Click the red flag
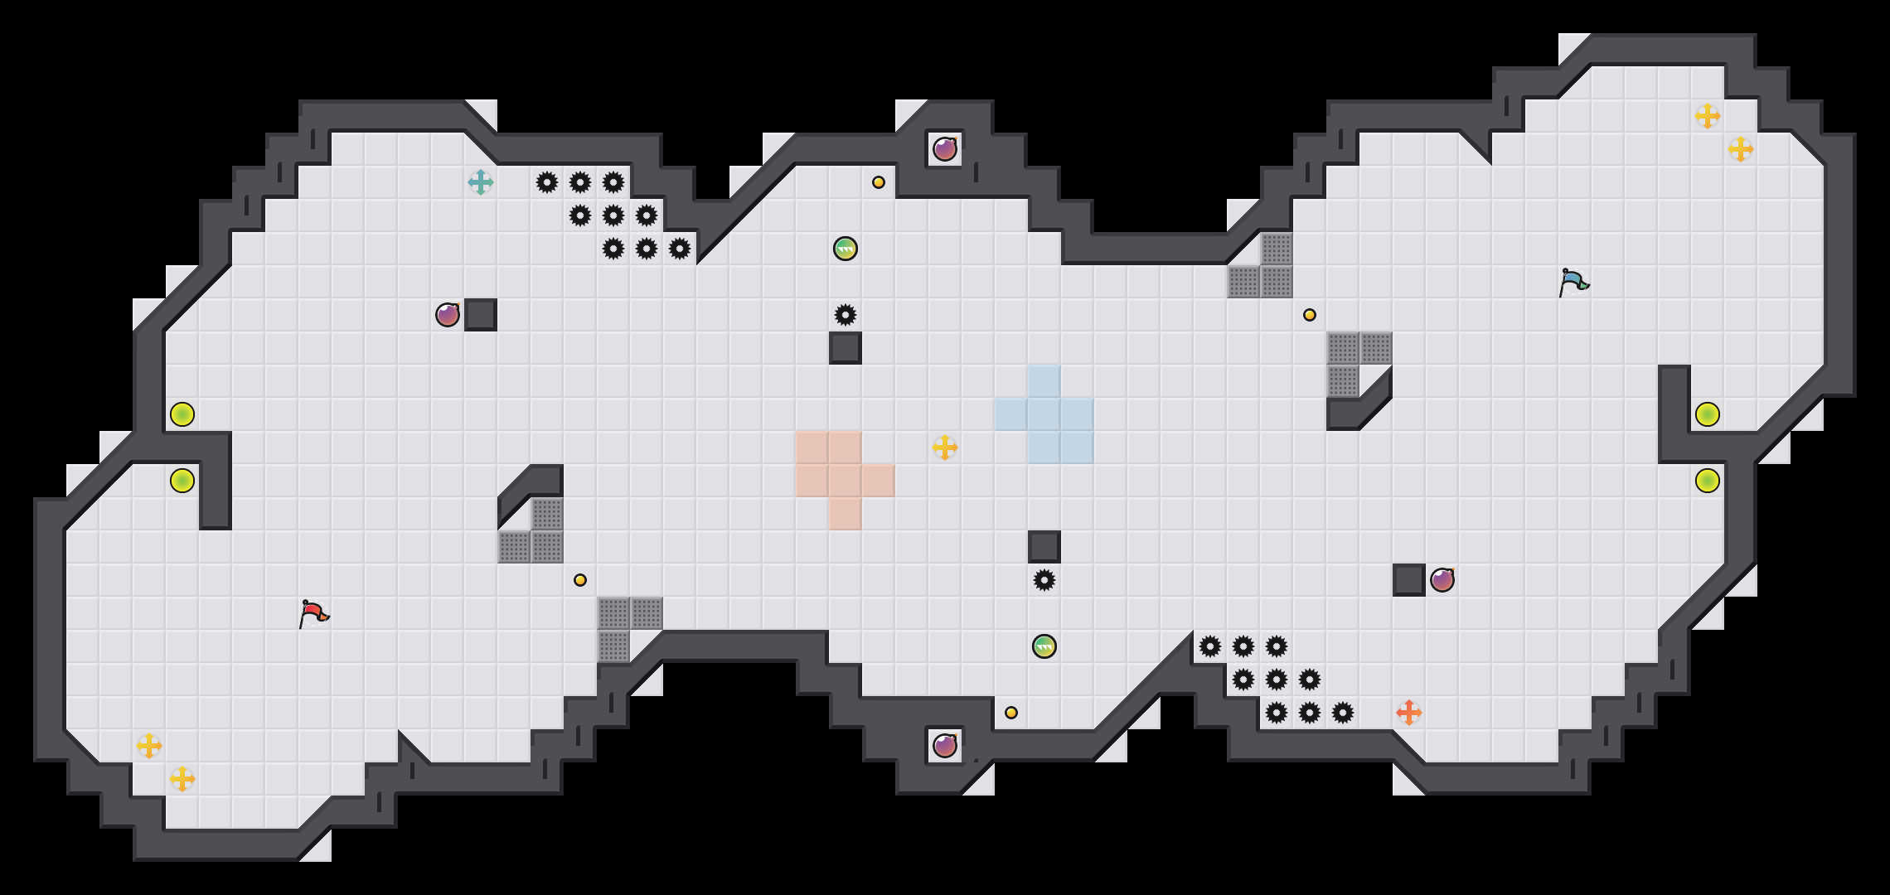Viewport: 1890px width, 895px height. pos(313,613)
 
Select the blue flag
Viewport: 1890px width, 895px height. pos(1573,282)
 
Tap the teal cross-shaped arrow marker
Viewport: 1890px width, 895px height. pos(481,182)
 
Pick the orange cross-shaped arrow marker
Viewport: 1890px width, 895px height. pos(1409,713)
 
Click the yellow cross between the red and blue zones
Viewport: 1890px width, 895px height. pos(945,447)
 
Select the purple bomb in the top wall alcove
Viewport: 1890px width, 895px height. pos(945,149)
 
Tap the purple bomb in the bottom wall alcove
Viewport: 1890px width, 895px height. pos(945,746)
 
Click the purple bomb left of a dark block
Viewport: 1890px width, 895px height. pos(448,315)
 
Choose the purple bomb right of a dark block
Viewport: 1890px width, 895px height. pos(1442,580)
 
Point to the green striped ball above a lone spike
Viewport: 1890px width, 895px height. pos(846,249)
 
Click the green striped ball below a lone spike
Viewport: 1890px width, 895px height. pos(1044,646)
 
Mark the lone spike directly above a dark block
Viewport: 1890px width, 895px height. pos(846,315)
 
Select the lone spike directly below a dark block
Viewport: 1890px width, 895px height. pos(1044,580)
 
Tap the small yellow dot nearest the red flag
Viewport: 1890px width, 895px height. pos(580,580)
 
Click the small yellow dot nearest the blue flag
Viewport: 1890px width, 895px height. pos(1310,315)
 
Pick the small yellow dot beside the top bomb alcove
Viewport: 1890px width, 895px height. pos(879,182)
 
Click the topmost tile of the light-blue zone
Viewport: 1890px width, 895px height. pos(1044,381)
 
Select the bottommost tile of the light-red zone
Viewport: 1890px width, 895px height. pos(846,514)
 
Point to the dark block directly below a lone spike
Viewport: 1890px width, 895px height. pos(846,348)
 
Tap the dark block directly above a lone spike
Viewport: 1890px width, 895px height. pos(1044,547)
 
